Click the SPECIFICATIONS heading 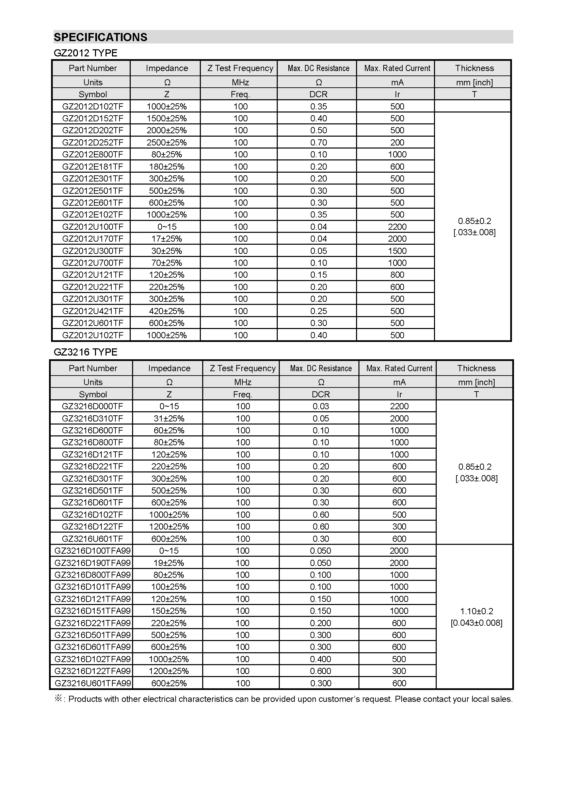point(100,37)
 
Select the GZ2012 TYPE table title point(85,53)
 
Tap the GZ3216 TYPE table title point(85,352)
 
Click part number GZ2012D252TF point(93,142)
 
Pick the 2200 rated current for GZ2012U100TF point(397,227)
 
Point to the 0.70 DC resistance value point(318,142)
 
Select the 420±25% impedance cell point(166,311)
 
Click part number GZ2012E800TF point(93,154)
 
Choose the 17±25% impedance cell point(166,239)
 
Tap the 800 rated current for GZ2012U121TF point(397,275)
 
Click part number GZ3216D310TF point(93,418)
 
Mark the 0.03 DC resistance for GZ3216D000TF point(321,406)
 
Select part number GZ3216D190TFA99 point(93,563)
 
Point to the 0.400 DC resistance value point(321,659)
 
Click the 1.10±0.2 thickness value point(476,611)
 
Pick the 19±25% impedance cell point(169,563)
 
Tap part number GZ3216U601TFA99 point(93,683)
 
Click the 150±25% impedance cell point(169,611)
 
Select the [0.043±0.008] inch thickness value point(476,623)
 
